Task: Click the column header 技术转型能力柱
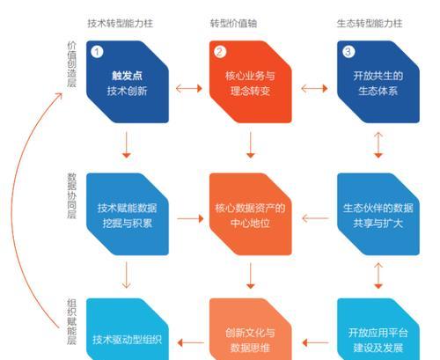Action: (121, 24)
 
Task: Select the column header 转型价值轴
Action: (233, 24)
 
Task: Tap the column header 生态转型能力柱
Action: (370, 24)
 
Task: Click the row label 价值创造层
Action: (72, 64)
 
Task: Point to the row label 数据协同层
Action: (72, 195)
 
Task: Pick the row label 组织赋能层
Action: (72, 321)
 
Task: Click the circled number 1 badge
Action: (97, 52)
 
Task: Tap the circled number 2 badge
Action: (220, 52)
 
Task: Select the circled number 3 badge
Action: (348, 52)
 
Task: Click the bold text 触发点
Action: (127, 76)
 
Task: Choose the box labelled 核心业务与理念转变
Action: (250, 82)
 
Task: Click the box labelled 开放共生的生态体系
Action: (378, 82)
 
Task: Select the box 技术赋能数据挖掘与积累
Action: (128, 214)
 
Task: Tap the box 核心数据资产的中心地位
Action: (250, 214)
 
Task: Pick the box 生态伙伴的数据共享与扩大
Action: (378, 214)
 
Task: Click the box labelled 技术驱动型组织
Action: (128, 329)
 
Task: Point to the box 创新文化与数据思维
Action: (250, 329)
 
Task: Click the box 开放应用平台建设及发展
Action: (378, 329)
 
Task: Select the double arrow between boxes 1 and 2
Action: (189, 88)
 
